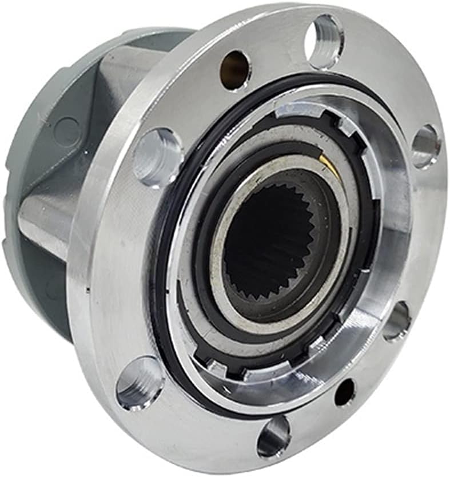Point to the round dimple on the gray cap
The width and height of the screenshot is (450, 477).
[69, 130]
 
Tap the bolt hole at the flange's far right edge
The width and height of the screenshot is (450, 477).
[425, 146]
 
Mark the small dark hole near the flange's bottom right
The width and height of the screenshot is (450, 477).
[344, 393]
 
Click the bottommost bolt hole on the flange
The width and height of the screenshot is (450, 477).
[273, 437]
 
